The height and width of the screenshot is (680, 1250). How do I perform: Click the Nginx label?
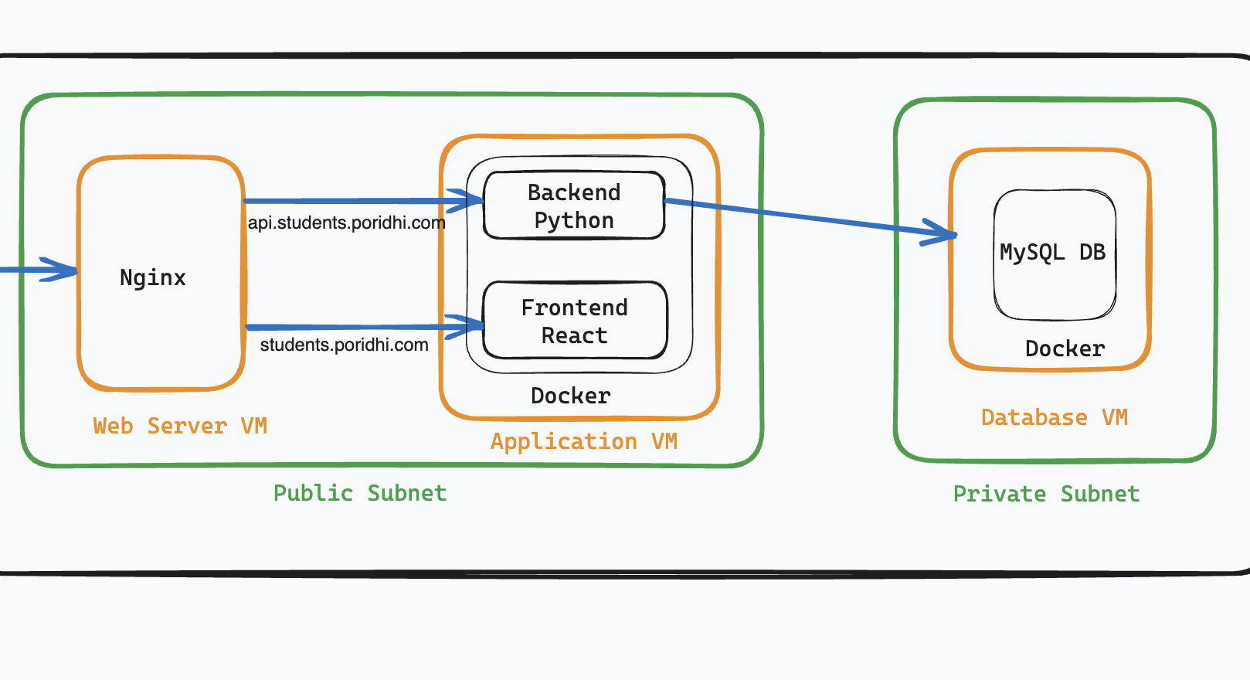click(153, 277)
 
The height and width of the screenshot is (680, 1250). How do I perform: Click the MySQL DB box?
click(1054, 253)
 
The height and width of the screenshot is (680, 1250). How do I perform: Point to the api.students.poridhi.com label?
click(346, 223)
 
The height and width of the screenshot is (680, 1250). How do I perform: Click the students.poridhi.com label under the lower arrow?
click(344, 345)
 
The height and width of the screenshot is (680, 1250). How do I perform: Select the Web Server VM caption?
click(180, 426)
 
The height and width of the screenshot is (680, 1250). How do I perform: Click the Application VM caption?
click(583, 441)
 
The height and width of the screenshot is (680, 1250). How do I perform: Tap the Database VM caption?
click(1054, 417)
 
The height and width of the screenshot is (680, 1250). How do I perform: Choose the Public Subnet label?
click(360, 493)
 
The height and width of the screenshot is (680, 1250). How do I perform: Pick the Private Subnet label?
click(1046, 494)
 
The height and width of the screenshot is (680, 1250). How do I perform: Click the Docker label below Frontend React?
click(570, 396)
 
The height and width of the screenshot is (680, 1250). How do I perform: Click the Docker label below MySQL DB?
click(1065, 348)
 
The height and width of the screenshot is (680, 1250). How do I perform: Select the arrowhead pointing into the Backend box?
click(473, 201)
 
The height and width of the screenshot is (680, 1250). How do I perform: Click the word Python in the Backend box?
click(574, 221)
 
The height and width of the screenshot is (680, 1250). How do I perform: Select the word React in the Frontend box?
click(574, 335)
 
